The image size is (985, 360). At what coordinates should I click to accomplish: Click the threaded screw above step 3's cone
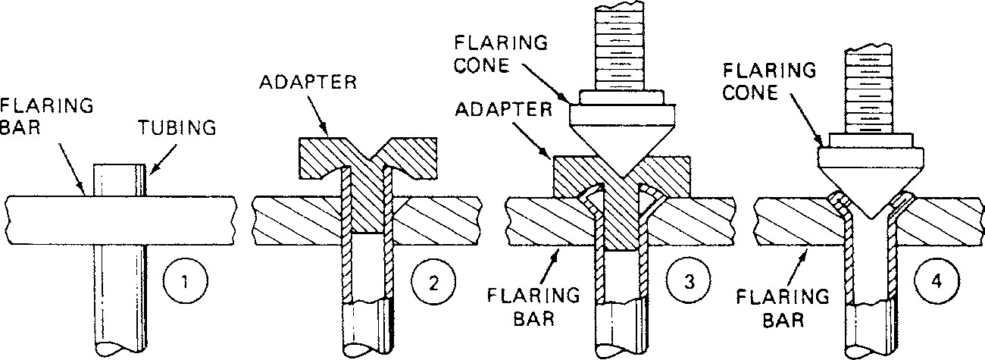[621, 45]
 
